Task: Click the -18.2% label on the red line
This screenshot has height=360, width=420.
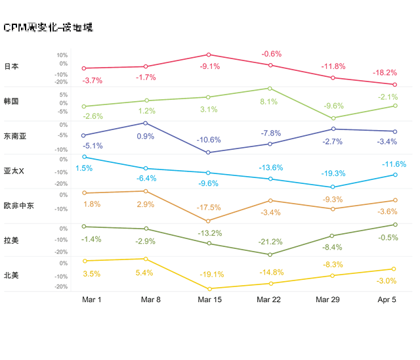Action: pyautogui.click(x=385, y=72)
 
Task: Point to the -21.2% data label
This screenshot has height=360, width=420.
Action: pyautogui.click(x=270, y=241)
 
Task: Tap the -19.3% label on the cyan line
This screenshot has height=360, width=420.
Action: pyautogui.click(x=333, y=173)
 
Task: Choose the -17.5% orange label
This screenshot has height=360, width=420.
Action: pyautogui.click(x=209, y=208)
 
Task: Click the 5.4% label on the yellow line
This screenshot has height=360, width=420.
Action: pyautogui.click(x=144, y=273)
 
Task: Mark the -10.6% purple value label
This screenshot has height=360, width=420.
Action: pyautogui.click(x=209, y=139)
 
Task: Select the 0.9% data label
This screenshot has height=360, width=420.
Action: pyautogui.click(x=146, y=136)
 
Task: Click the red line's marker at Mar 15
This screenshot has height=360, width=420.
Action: pyautogui.click(x=209, y=55)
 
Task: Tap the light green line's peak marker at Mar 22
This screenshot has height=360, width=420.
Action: pyautogui.click(x=270, y=88)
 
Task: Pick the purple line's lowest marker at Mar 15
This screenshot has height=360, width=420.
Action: pyautogui.click(x=209, y=152)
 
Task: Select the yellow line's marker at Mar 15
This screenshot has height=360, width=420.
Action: pyautogui.click(x=209, y=288)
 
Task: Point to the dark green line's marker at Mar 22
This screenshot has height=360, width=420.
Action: pyautogui.click(x=270, y=254)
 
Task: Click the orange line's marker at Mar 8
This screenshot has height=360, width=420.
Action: pyautogui.click(x=146, y=191)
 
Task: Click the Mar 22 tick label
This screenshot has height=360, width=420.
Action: pyautogui.click(x=270, y=300)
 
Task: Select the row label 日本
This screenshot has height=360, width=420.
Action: pyautogui.click(x=11, y=67)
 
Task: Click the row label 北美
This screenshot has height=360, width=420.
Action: pyautogui.click(x=11, y=275)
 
